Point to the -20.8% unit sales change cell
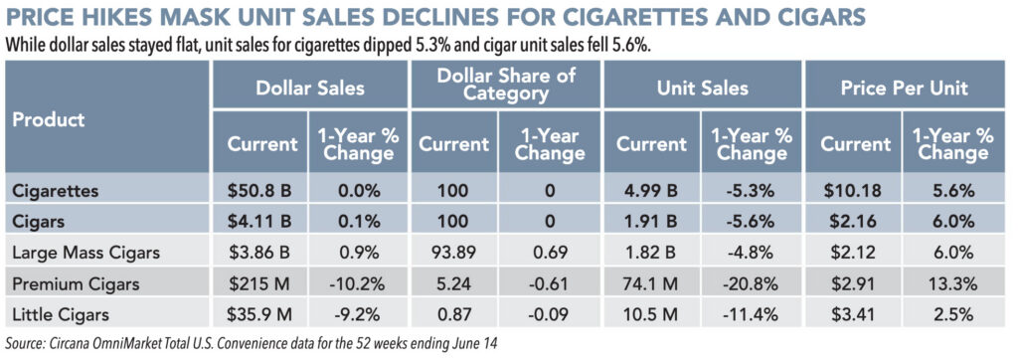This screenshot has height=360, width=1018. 751,284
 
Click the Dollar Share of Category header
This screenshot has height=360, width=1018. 506,85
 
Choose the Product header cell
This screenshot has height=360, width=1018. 49,120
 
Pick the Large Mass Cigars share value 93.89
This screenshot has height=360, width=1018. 453,253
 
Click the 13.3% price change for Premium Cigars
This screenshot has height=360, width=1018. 952,284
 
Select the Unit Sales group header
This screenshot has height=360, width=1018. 703,88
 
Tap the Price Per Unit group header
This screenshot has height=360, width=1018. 905,88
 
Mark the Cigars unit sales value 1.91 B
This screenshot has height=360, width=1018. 652,222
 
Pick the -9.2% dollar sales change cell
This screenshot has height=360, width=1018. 354,315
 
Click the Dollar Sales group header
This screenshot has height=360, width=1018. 310,88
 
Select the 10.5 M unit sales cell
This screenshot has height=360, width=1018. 652,315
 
